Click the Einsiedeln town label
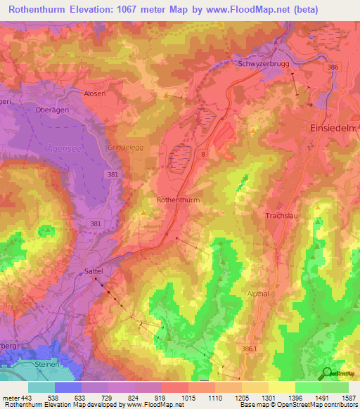[334, 129]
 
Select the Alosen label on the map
[95, 93]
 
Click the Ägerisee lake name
[63, 148]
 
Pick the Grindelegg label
[124, 148]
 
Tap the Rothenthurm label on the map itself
[179, 200]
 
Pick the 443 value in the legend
[25, 398]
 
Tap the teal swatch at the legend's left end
[41, 387]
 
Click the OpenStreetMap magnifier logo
[326, 373]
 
